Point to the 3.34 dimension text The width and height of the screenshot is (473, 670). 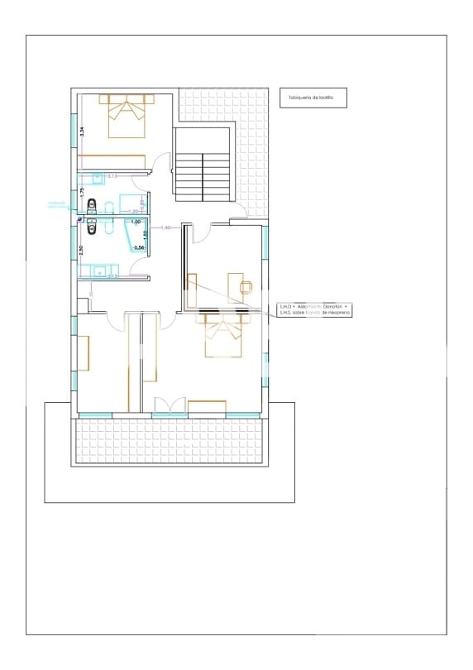coord(82,131)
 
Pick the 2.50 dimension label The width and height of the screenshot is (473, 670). coord(81,251)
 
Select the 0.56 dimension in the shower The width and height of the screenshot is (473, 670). coord(139,247)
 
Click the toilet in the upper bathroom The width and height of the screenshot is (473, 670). coord(91,206)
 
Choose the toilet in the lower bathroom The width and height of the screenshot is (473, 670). coord(91,225)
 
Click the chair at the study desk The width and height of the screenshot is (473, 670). coord(246,286)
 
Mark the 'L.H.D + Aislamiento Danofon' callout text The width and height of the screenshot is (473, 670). coord(314,307)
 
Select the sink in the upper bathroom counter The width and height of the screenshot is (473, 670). coord(98,176)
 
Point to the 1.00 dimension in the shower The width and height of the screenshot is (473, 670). coord(136,223)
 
